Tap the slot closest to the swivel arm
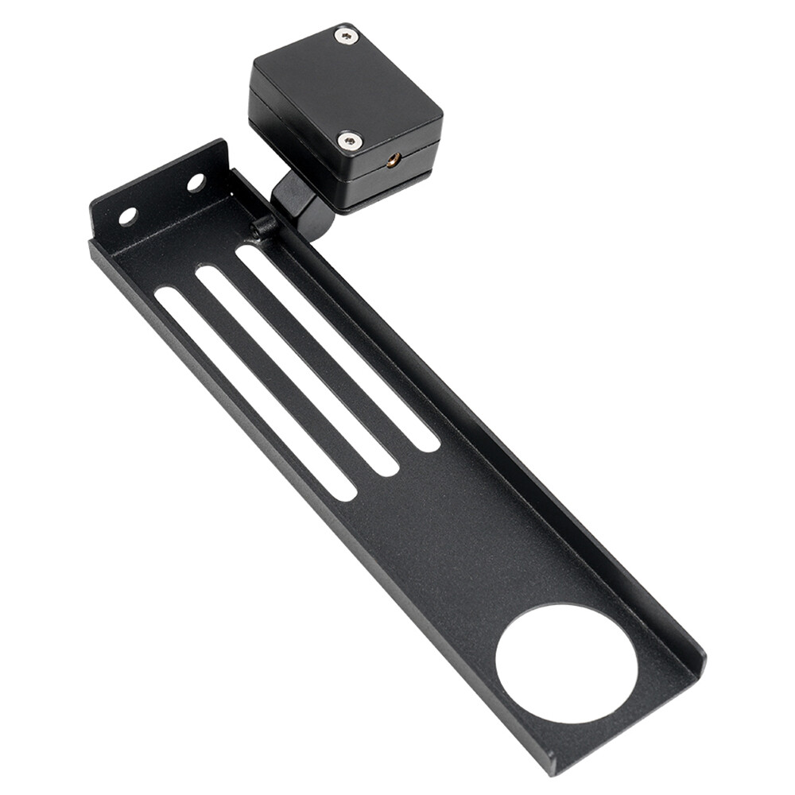338,349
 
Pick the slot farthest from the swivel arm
255,394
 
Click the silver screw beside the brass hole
349,142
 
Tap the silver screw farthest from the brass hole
345,35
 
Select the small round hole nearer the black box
195,182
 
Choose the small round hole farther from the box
127,215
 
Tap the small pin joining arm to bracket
263,227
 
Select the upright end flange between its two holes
161,199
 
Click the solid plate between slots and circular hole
461,541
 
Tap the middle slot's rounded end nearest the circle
386,467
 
